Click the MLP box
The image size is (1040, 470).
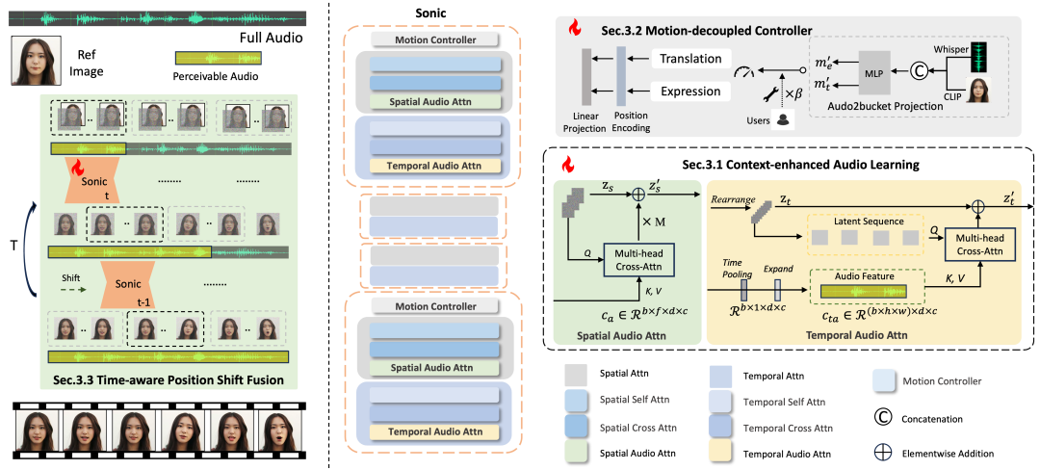(x=878, y=69)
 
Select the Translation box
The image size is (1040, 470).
(x=689, y=59)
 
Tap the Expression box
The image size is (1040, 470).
(x=689, y=91)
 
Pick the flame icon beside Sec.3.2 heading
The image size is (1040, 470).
(x=574, y=27)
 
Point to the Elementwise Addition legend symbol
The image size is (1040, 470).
(x=883, y=454)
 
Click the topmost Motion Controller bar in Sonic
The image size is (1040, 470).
(x=435, y=39)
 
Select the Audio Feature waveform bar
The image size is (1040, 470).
(x=863, y=291)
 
